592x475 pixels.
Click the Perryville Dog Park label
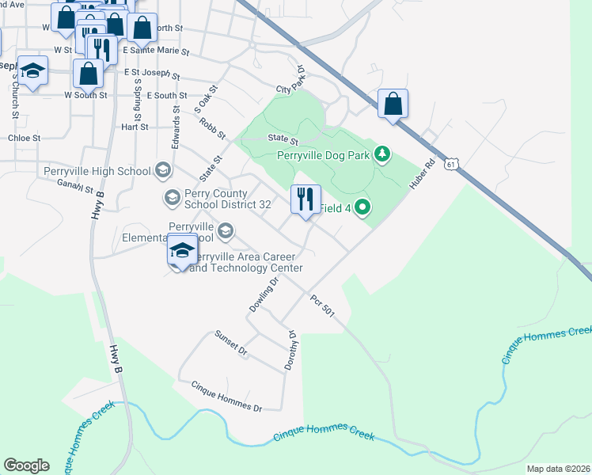324,155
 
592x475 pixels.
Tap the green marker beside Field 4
363,208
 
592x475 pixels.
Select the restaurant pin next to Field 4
305,199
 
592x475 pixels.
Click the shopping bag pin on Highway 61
393,104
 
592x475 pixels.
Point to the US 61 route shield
451,164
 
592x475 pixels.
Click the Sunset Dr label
232,342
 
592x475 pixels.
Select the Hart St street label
135,127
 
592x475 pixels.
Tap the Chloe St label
24,137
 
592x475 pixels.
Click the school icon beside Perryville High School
163,170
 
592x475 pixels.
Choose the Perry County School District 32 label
228,198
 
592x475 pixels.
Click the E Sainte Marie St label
159,51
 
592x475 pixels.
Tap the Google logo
26,465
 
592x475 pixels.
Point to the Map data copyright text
557,469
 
